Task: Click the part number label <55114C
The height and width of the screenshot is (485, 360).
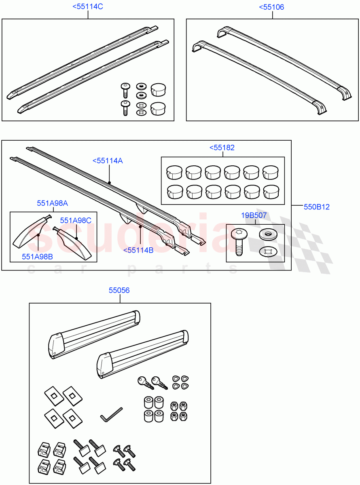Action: [x=87, y=7]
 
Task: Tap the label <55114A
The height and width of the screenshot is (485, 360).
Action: [x=107, y=160]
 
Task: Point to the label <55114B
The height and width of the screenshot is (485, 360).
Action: [x=138, y=250]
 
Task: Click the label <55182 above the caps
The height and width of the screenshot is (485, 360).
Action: [x=222, y=148]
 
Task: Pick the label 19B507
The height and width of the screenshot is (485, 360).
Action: [x=254, y=215]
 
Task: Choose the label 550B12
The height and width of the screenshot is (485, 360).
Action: [x=317, y=207]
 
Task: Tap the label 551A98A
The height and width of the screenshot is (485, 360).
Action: [x=52, y=203]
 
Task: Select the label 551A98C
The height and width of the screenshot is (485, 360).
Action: [x=76, y=220]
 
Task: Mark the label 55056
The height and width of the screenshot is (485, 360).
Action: [x=119, y=290]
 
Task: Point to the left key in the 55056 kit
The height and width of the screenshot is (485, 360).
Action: [x=144, y=382]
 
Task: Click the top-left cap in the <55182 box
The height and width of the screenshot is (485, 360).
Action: [x=173, y=172]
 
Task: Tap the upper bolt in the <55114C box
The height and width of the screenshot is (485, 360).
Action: [x=125, y=90]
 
